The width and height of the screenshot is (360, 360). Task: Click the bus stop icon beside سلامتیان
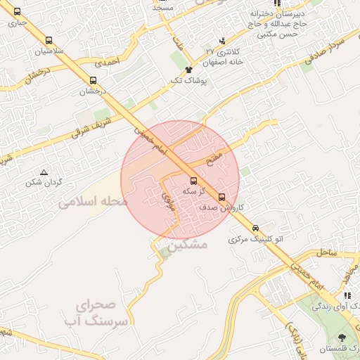(x=49, y=41)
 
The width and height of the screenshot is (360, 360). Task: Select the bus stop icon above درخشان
(x=93, y=80)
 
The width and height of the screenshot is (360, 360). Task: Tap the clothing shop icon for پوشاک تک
(x=188, y=70)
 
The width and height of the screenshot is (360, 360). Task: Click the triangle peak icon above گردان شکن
(x=44, y=172)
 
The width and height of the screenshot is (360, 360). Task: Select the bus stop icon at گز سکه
(x=194, y=181)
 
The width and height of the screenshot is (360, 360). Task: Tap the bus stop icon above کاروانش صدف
(x=222, y=197)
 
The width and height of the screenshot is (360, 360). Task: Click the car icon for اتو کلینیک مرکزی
(x=255, y=228)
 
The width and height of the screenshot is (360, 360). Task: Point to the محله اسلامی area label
(x=93, y=202)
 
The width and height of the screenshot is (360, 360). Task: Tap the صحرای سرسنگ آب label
(x=103, y=314)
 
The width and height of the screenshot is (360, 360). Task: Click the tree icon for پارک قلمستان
(x=342, y=337)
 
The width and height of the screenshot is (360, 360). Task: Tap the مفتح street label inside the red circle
(x=214, y=157)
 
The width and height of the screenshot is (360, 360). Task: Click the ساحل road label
(x=328, y=251)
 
